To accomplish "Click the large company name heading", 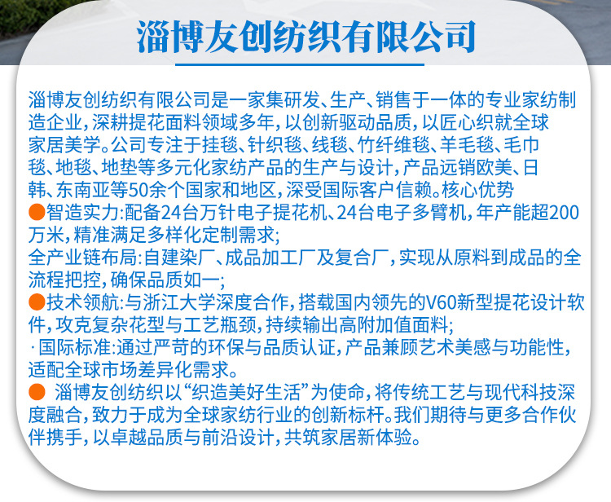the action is point(305,37).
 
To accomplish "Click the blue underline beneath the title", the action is point(300,64).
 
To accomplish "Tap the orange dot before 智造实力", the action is point(37,212).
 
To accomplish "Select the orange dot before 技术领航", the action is point(37,302).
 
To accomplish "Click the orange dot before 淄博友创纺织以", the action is point(37,392).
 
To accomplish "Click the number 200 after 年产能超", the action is point(565,213).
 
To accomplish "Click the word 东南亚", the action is point(84,190).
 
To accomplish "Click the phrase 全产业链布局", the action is point(82,258).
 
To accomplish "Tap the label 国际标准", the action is point(75,347).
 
